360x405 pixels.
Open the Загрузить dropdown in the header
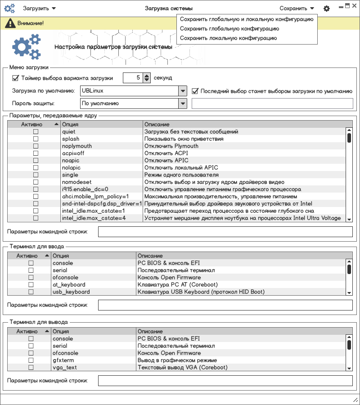(39, 9)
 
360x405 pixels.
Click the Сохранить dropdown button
(297, 9)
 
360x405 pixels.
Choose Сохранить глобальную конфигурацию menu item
(229, 29)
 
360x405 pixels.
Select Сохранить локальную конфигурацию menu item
(228, 38)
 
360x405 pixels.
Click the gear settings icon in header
(327, 9)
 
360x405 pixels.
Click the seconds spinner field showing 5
(133, 78)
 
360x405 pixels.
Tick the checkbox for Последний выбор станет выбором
(195, 91)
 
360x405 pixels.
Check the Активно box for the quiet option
(36, 132)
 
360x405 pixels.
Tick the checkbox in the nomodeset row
(36, 182)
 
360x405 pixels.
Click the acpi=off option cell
(73, 153)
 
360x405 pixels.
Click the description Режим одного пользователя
(181, 175)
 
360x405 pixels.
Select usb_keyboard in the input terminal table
(71, 292)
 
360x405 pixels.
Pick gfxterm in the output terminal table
(63, 360)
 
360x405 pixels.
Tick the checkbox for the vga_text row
(31, 368)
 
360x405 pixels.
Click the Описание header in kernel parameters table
(157, 124)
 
